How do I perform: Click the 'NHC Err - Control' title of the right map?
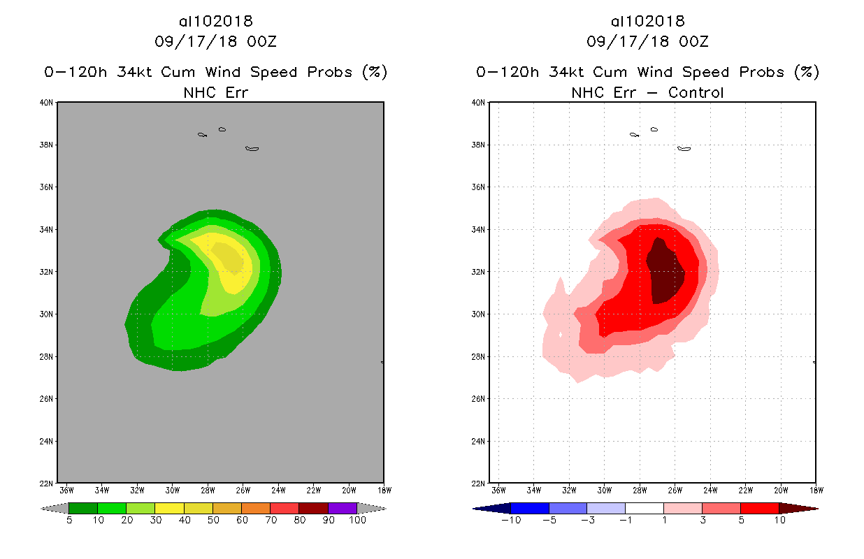coord(647,92)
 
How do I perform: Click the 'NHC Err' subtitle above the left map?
coord(215,92)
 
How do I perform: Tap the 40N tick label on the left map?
coord(46,103)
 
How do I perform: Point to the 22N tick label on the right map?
coord(478,484)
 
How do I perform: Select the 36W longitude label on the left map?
coord(66,491)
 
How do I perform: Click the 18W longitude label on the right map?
coord(815,491)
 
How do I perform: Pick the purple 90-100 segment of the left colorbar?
coord(343,508)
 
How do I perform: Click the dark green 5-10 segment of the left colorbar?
coord(83,508)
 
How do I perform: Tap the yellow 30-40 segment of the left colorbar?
coord(169,508)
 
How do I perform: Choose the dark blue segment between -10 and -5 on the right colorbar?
coord(530,508)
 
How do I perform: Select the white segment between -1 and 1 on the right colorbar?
coord(644,508)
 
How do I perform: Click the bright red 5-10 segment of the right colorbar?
coord(759,508)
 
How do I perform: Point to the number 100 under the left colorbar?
coord(357,521)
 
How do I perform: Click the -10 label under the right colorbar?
coord(510,521)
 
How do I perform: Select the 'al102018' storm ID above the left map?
coord(215,21)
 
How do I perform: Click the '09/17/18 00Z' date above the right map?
coord(647,41)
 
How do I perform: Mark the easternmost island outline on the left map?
coord(252,148)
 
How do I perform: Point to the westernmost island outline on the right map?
coord(634,134)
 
